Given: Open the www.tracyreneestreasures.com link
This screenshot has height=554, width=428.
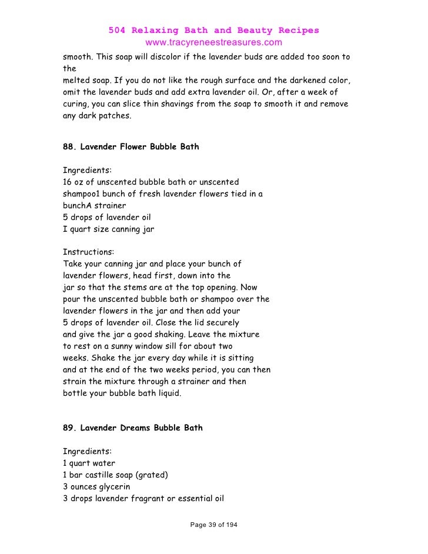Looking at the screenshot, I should (x=213, y=43).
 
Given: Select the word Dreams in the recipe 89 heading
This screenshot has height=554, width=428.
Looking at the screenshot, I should (x=132, y=428).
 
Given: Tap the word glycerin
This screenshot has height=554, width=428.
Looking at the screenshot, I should (x=121, y=487).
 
